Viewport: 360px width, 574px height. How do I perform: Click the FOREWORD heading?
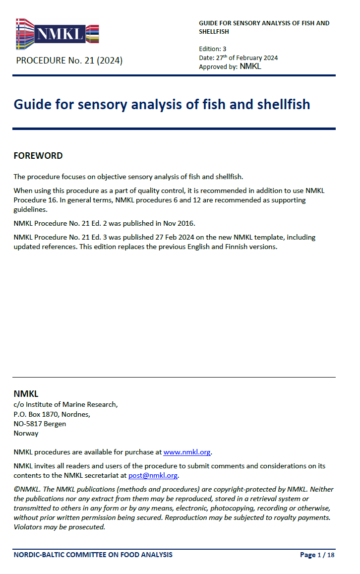(x=38, y=156)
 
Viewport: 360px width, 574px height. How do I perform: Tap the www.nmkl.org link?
(x=187, y=452)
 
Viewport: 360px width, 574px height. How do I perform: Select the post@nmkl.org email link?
(x=153, y=475)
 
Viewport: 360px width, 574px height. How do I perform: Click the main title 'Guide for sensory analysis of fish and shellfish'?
(x=162, y=105)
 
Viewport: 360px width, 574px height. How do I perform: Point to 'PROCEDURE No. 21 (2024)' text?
(x=69, y=61)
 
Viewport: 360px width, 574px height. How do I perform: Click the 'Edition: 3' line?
(x=212, y=49)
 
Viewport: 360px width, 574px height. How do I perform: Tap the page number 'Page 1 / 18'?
(x=317, y=555)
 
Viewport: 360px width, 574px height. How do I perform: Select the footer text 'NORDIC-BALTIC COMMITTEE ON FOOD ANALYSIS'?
(x=93, y=555)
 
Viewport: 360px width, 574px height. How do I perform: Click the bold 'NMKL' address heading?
(x=26, y=394)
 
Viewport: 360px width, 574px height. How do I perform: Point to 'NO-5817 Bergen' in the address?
(x=40, y=424)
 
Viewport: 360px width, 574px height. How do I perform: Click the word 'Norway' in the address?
(x=26, y=433)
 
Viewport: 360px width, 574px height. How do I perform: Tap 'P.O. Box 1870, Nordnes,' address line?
(x=52, y=414)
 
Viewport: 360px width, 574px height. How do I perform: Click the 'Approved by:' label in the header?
(x=218, y=66)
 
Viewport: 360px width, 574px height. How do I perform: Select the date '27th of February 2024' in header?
(x=245, y=58)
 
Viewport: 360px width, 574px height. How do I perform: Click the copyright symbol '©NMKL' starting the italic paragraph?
(x=24, y=489)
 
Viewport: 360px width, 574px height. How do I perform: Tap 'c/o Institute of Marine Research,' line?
(x=65, y=404)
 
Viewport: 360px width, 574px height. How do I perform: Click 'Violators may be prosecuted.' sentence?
(x=60, y=527)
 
